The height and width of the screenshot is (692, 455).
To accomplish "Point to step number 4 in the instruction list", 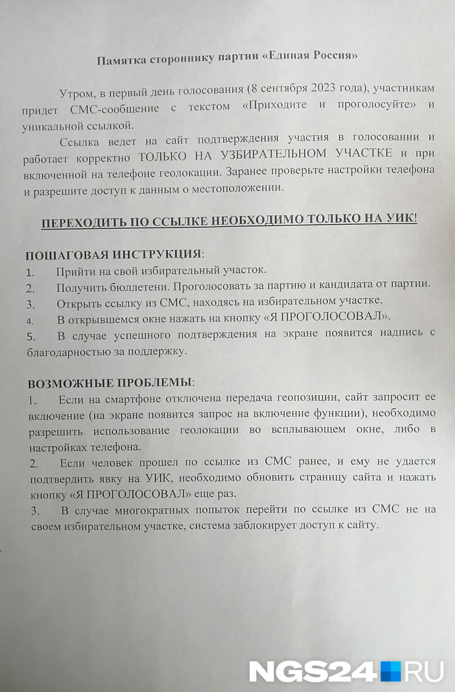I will [x=31, y=319].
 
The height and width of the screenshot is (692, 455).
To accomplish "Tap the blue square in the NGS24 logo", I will [x=391, y=671].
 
